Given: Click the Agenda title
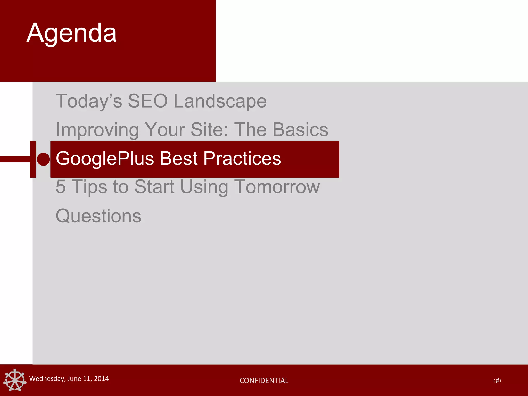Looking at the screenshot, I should click(x=72, y=34).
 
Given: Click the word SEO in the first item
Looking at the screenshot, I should click(x=148, y=101).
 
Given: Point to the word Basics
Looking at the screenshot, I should click(x=300, y=130).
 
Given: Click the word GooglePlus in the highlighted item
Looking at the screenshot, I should click(x=104, y=159).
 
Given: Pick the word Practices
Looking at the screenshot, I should click(x=242, y=158).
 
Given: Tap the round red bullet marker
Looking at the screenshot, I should click(x=43, y=159).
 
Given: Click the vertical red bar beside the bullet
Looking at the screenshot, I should click(x=33, y=159).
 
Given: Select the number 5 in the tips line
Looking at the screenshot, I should click(x=61, y=187).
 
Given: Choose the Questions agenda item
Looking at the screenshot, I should click(x=98, y=216).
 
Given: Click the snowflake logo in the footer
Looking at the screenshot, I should click(x=15, y=380).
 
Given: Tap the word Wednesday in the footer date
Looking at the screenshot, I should click(x=47, y=379).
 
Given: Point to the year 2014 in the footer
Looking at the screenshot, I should click(x=101, y=379).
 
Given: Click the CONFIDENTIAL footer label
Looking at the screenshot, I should click(x=264, y=381).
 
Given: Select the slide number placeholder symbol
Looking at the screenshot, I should click(x=497, y=381).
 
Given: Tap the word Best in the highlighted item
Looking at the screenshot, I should click(x=179, y=158).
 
